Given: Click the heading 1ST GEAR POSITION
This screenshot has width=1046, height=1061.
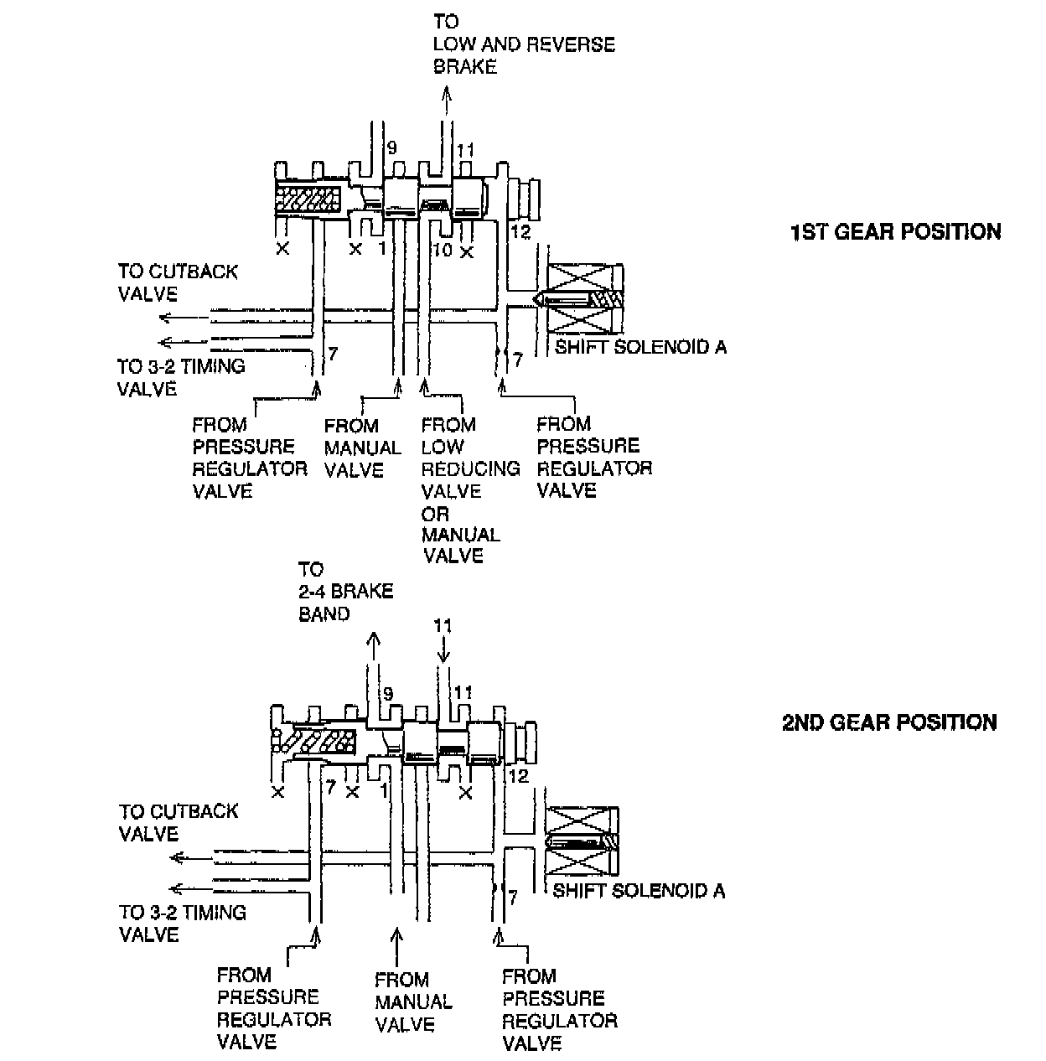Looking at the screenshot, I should pos(895,231).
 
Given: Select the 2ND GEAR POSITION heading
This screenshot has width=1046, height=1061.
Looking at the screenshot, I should pos(889,722).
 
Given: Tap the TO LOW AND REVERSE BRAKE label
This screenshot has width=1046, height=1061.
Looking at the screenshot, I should pos(523,44).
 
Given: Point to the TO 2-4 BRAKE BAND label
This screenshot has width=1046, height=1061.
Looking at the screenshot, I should pos(345,592).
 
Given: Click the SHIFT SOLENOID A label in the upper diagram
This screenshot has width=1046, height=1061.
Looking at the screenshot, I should pos(640,347).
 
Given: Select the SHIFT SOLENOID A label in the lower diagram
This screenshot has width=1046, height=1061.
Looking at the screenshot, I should pos(639,891).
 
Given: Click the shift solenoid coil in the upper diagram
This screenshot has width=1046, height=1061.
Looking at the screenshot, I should pos(583,299).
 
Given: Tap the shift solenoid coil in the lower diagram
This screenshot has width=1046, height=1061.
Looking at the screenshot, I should pos(582,841).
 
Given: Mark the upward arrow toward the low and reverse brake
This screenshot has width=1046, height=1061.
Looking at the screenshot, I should pos(447,101).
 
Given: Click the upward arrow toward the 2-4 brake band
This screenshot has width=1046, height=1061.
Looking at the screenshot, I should pos(372,650).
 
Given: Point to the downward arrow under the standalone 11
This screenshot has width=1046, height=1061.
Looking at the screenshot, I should pos(443,650).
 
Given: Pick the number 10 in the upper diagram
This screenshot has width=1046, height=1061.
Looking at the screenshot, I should pos(442,250).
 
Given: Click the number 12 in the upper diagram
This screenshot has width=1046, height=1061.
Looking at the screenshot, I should pos(520,232).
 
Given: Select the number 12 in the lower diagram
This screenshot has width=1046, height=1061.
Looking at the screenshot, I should pos(519,776).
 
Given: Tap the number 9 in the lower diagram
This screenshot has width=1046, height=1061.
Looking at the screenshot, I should pos(387,694).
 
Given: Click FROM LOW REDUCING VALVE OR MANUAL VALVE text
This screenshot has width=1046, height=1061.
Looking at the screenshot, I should pos(469,490).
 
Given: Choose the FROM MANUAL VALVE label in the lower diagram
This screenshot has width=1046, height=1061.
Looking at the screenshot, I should pos(413,1001).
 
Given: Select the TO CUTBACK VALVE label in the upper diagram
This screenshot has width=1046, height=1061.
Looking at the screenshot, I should pos(178,282).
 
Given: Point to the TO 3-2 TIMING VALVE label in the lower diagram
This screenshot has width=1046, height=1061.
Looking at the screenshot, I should pos(182,923).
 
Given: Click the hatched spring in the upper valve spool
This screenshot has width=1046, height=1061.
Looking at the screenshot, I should pos(308,201).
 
